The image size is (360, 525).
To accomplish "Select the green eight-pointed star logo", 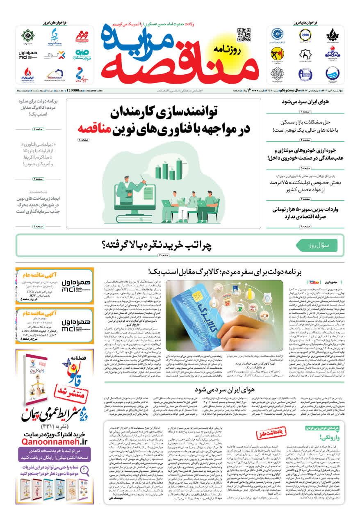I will pos(28,35).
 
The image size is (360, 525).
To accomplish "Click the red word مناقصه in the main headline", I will pos(96,128).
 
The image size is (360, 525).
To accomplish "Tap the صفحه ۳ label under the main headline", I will pos(84,140).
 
